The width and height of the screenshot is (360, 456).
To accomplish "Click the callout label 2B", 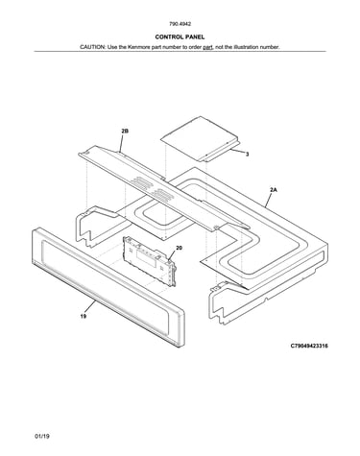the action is (125, 131).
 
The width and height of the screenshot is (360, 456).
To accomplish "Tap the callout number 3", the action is (247, 155).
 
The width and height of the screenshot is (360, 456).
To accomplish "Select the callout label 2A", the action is (274, 190).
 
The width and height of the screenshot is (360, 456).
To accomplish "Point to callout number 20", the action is (180, 248).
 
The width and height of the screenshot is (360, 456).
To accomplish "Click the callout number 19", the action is (84, 316).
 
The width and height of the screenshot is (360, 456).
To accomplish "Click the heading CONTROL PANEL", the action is (180, 37).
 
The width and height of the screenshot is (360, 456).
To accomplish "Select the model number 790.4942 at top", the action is (180, 24).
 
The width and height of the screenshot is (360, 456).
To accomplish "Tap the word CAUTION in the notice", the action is (92, 47).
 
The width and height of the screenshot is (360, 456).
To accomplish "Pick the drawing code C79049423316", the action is (309, 346).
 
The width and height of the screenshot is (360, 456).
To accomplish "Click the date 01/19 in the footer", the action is (42, 436).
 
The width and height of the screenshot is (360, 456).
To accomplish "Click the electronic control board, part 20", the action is (150, 260).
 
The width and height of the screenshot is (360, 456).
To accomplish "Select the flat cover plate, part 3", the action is (201, 138).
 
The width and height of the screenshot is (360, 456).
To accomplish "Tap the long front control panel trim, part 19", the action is (108, 287).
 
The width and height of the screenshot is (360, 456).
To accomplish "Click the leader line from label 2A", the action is (269, 200).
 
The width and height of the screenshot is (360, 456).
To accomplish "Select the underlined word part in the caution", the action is (208, 47).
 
